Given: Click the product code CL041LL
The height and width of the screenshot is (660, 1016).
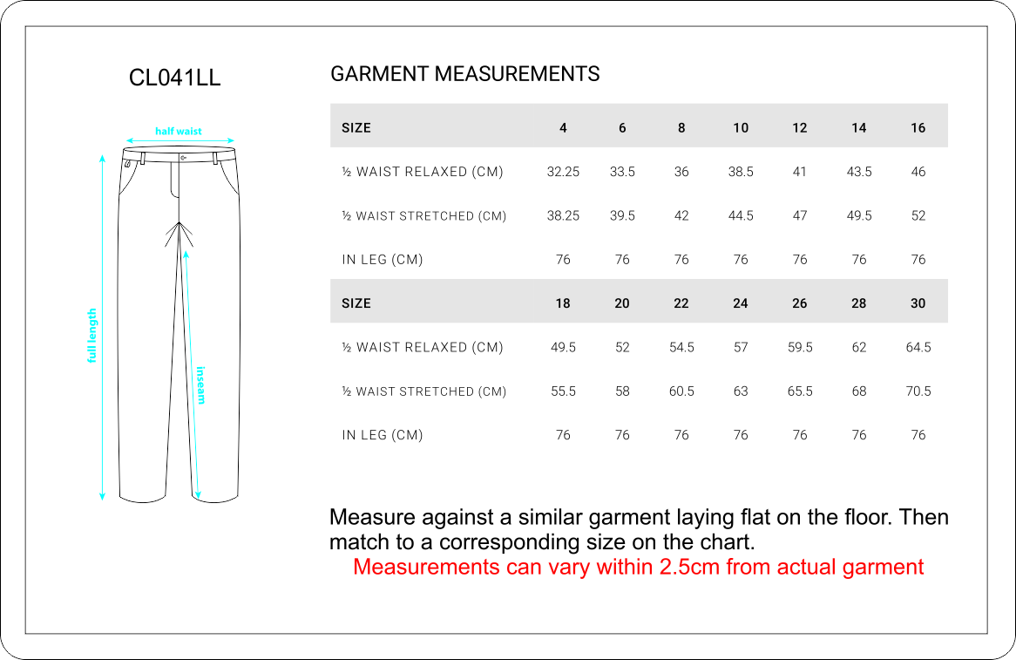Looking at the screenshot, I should (174, 78).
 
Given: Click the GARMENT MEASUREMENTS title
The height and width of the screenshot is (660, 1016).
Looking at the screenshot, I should (464, 74).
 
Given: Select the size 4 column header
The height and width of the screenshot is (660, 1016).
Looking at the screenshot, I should (563, 128).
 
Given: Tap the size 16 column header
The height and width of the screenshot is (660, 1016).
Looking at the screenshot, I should (918, 128).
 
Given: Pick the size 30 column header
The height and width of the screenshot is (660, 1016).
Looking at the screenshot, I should (918, 303).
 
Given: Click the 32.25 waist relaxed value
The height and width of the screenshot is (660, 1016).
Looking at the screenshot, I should (563, 172).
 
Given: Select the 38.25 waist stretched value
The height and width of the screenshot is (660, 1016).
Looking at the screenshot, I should (563, 216).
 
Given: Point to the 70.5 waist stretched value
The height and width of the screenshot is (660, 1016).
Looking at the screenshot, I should (918, 391).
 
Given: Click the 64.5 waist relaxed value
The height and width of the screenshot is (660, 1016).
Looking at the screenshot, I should (918, 347).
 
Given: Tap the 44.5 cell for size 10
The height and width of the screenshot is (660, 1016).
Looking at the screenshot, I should (740, 216).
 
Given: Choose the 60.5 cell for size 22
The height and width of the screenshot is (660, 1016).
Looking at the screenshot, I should (681, 391).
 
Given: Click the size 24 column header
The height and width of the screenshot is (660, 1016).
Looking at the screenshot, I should (740, 303).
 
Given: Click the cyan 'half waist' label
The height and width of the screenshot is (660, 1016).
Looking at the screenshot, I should (179, 132).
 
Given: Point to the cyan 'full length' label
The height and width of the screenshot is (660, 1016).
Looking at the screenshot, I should (91, 336).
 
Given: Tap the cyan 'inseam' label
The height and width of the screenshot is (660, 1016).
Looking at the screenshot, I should (201, 384).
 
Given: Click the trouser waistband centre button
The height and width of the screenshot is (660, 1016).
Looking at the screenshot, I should (182, 158).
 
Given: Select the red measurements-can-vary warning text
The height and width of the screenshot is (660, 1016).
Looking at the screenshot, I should (638, 568).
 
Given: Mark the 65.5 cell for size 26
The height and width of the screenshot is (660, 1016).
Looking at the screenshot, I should (799, 391).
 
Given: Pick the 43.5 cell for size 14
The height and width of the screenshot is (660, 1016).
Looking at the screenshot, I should (858, 172).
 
